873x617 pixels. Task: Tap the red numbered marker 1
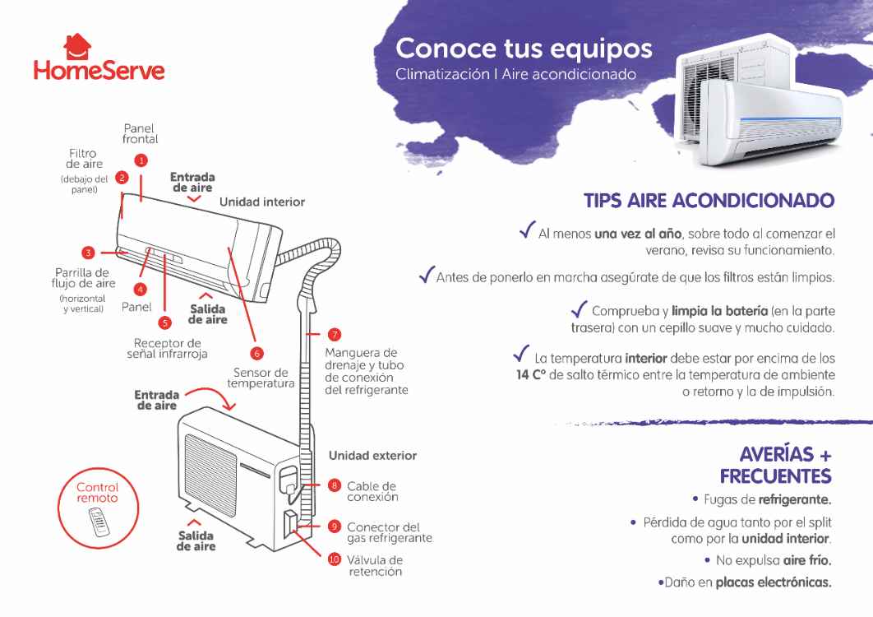141,160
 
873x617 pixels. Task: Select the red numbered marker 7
335,335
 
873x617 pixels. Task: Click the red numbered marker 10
335,559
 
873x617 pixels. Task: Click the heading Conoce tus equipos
524,49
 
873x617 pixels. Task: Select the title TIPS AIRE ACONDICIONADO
709,201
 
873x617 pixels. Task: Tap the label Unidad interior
261,202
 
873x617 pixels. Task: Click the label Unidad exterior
372,456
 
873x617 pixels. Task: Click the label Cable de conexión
372,491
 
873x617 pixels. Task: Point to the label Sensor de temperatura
261,378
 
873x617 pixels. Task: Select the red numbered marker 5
165,323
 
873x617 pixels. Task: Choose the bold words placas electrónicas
773,582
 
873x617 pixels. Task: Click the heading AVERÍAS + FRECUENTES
775,465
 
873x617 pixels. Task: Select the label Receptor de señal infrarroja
167,349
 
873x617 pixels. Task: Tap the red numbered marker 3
88,253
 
